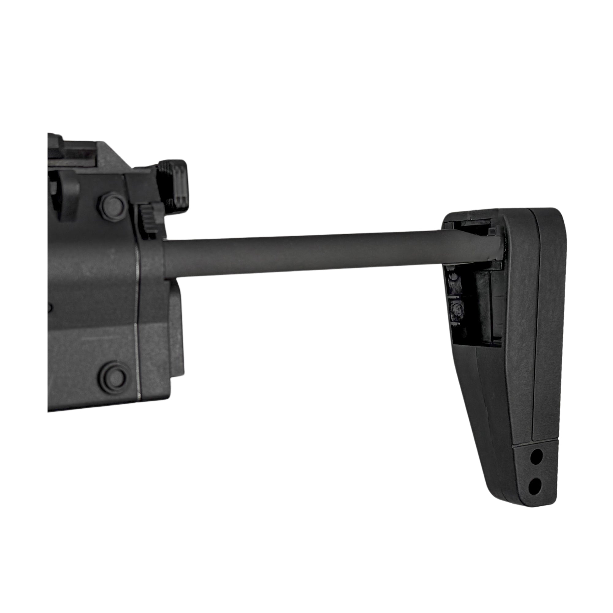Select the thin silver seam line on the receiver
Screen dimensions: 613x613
point(137,317)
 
